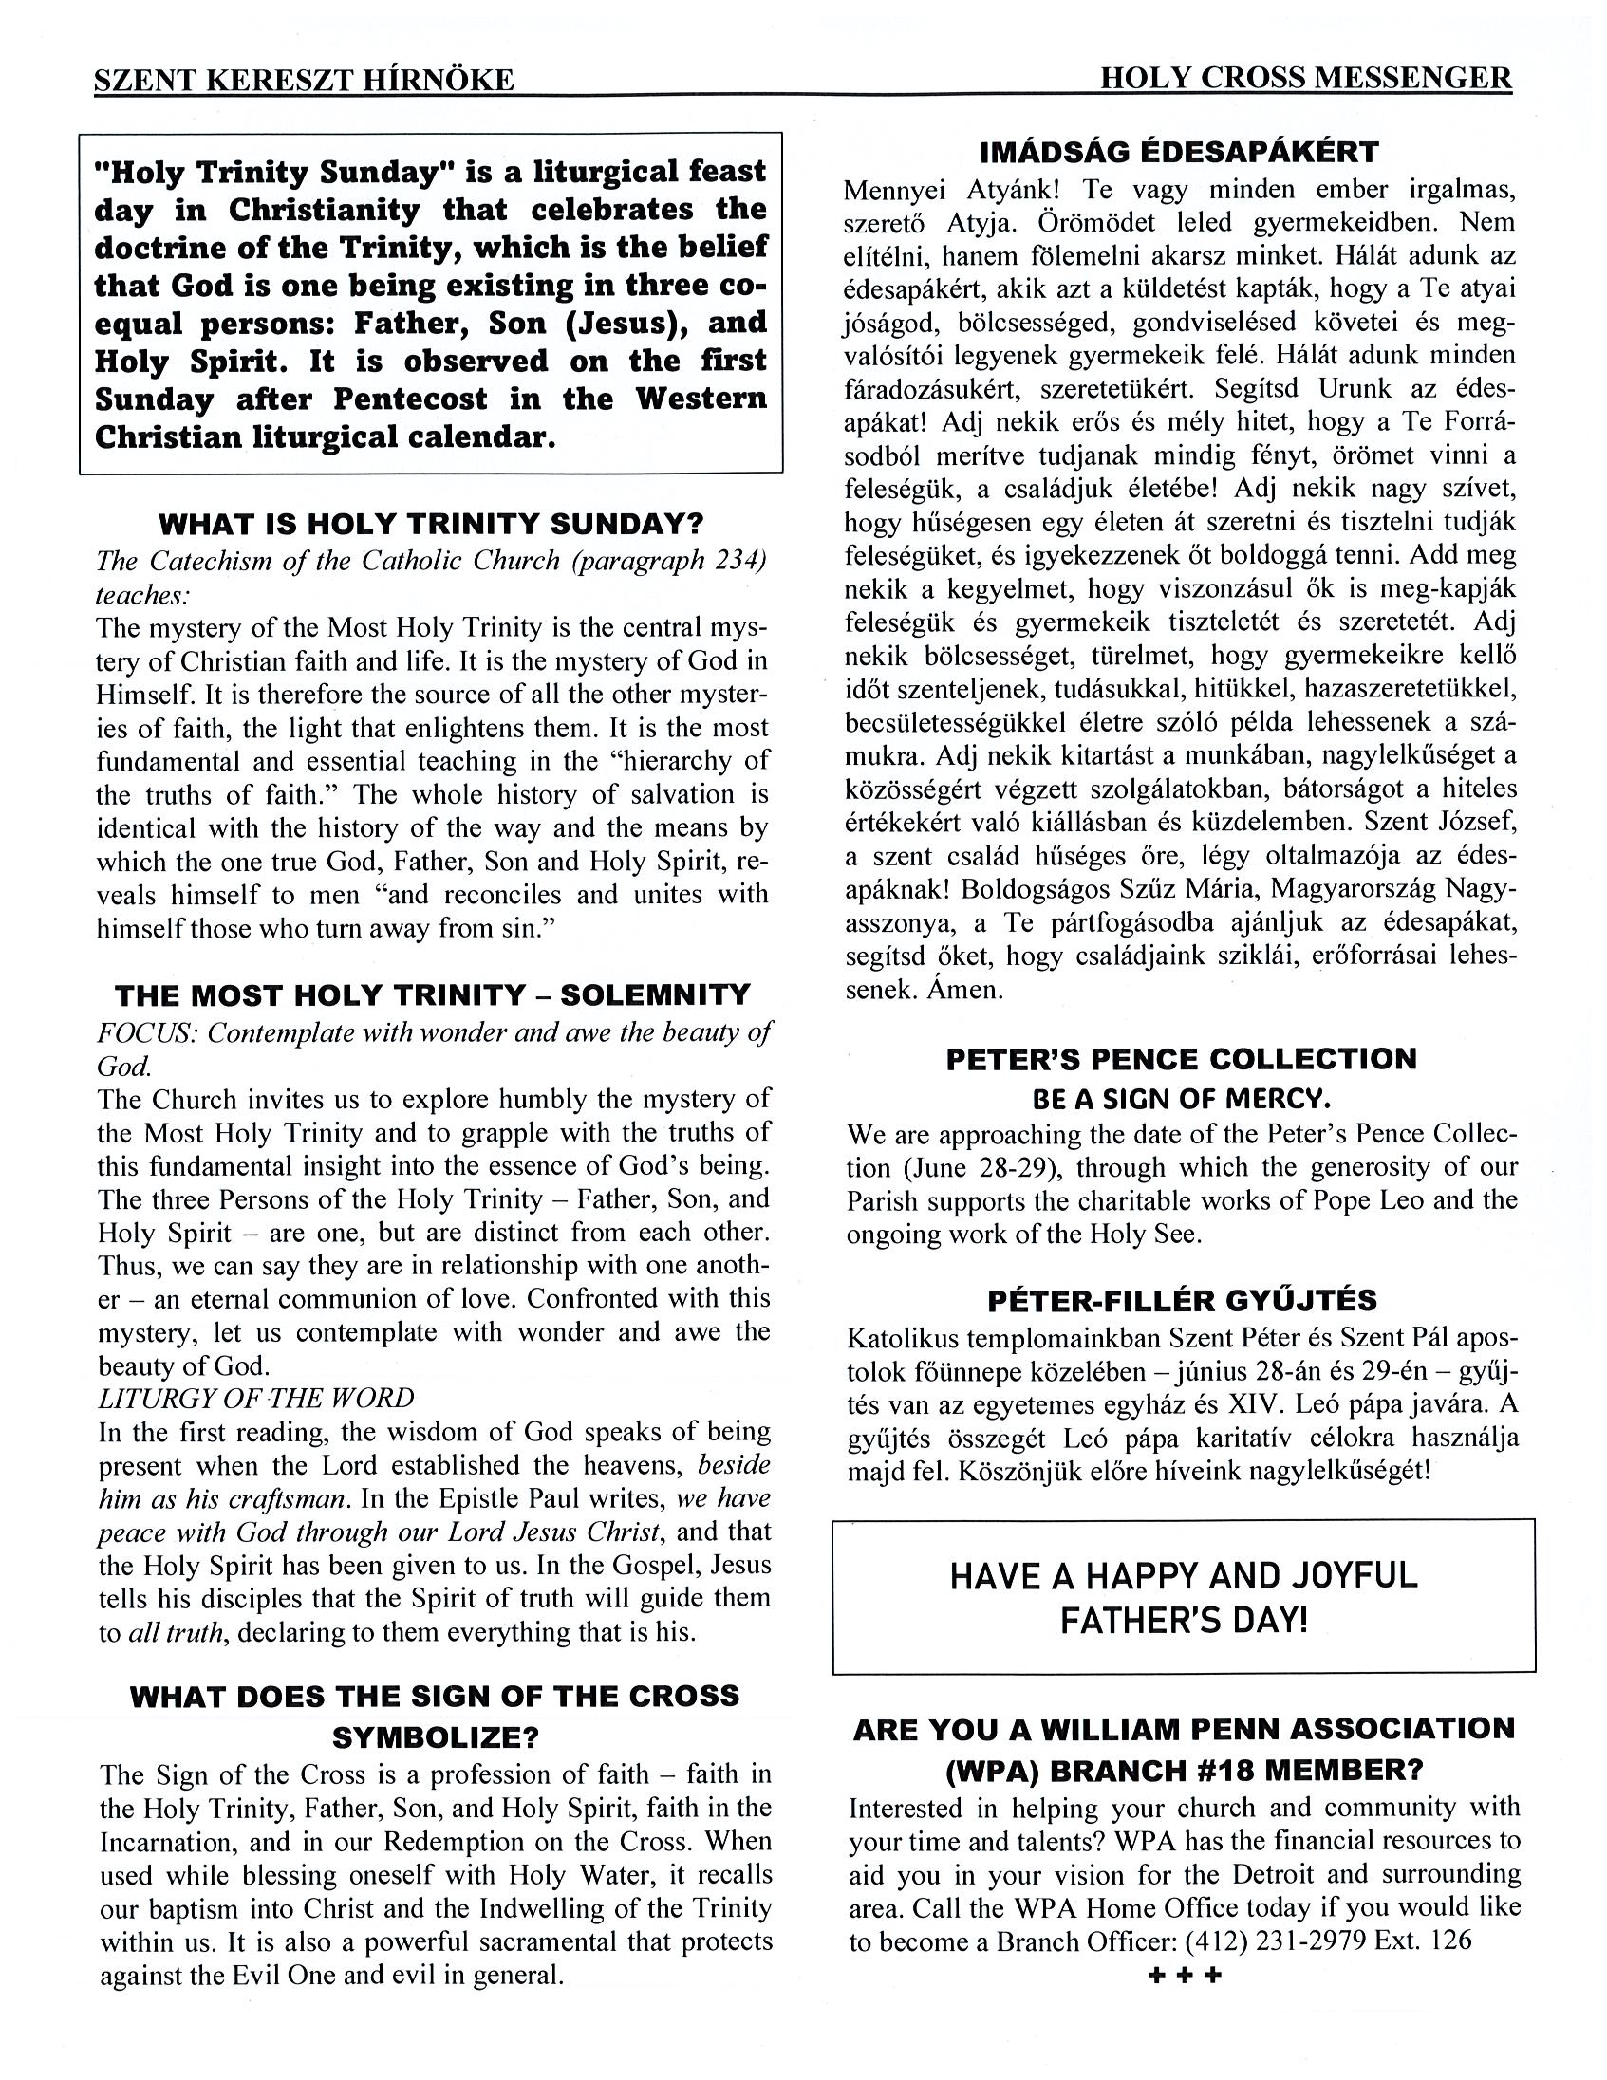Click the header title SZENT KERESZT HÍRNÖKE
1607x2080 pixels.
pos(304,80)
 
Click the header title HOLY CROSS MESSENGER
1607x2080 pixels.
pos(1305,78)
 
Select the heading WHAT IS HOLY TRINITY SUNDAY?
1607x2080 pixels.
pos(431,524)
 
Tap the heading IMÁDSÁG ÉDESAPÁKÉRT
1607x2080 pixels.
pos(1179,153)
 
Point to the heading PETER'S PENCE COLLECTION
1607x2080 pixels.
pos(1181,1059)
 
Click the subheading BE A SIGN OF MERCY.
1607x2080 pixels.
pos(1181,1099)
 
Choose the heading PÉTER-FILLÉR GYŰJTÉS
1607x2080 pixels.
pos(1181,1300)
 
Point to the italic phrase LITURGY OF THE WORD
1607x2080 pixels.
pos(256,1398)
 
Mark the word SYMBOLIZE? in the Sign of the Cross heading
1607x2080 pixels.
pos(436,1737)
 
